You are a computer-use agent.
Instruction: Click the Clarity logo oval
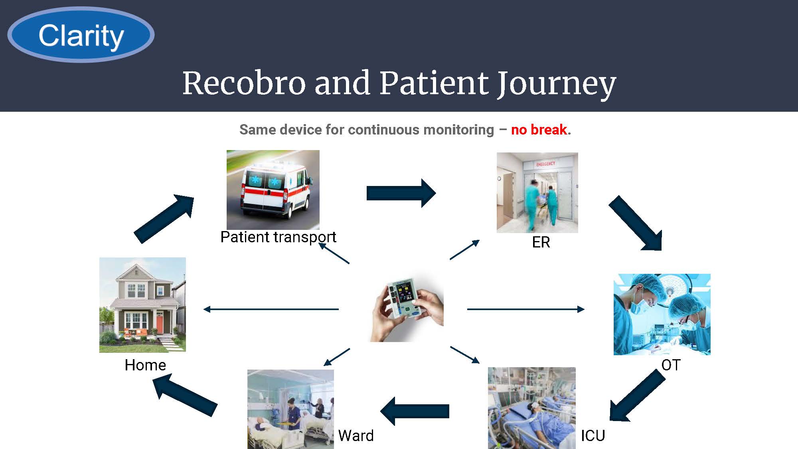81,35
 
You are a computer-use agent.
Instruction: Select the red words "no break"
539,130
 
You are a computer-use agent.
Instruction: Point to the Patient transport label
278,237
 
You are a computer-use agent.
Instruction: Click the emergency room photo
537,192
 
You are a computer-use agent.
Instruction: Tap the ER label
541,242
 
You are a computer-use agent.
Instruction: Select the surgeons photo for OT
662,314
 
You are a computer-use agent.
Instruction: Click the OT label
671,365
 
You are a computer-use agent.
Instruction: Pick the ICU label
593,435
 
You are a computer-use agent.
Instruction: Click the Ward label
356,435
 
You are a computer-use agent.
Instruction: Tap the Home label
145,365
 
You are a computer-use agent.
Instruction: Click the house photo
142,305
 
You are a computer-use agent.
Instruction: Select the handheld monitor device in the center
407,307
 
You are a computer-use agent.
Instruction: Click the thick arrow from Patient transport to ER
401,193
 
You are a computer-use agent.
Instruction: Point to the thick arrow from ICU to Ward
415,411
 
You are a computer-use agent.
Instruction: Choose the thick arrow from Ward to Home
185,395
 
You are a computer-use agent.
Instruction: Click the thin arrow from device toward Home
271,309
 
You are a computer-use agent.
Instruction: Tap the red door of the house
159,324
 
